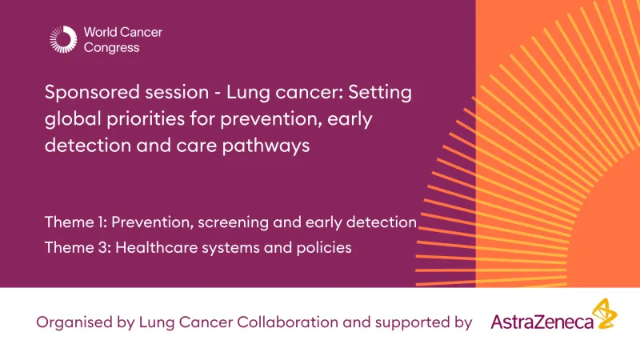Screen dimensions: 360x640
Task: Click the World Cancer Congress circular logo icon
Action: pyautogui.click(x=63, y=39)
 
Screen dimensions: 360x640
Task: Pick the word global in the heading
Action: pyautogui.click(x=70, y=120)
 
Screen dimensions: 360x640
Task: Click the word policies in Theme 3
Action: pyautogui.click(x=323, y=247)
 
